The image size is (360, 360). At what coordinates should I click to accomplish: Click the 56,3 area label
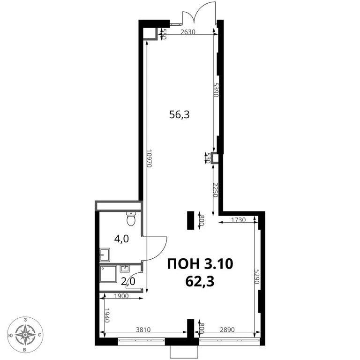tap(180, 115)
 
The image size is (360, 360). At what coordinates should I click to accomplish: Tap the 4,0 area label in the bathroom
tap(122, 239)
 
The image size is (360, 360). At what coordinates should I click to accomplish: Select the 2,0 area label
tap(127, 281)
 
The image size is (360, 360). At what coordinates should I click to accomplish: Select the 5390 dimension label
tap(216, 89)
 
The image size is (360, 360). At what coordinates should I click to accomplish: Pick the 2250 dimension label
tap(215, 190)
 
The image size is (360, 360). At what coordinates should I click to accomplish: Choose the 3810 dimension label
tap(143, 330)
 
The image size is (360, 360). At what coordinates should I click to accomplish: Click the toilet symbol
tap(131, 218)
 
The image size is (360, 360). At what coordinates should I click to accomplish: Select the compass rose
tap(23, 335)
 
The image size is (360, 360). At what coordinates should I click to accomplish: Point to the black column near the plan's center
tap(191, 220)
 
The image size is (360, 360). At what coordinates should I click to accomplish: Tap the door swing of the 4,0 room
tap(157, 248)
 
